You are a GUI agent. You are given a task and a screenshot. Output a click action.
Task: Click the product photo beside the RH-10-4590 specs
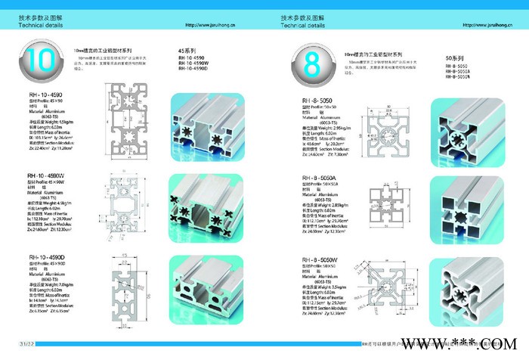tap(201, 121)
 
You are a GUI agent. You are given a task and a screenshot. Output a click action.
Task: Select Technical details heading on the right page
tap(299, 25)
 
